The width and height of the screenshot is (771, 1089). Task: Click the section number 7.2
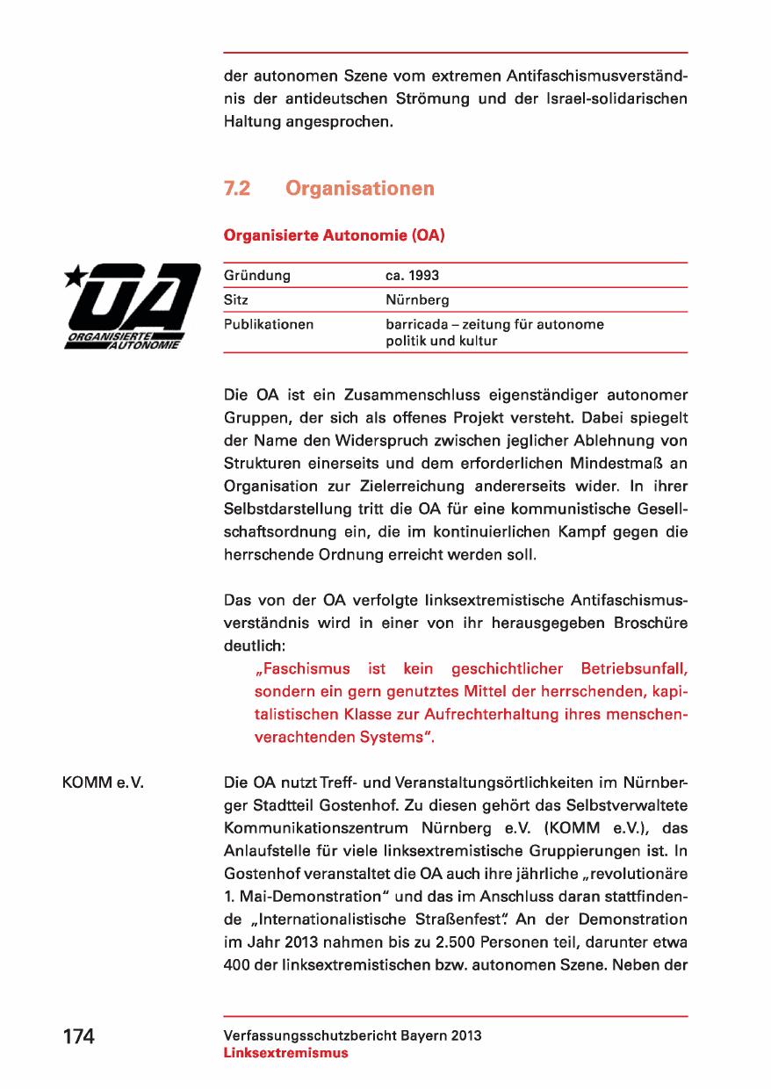240,189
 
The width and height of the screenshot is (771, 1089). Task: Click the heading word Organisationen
360,189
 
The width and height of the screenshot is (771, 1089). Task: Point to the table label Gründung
257,276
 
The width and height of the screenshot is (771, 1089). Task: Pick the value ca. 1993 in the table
412,276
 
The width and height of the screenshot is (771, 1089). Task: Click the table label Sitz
236,300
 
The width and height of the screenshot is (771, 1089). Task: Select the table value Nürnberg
417,300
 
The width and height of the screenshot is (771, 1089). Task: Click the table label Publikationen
269,325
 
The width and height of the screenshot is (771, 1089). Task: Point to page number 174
78,1036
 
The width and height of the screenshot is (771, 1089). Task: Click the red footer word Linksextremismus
286,1053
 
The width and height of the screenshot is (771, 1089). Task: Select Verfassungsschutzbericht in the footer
306,1035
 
